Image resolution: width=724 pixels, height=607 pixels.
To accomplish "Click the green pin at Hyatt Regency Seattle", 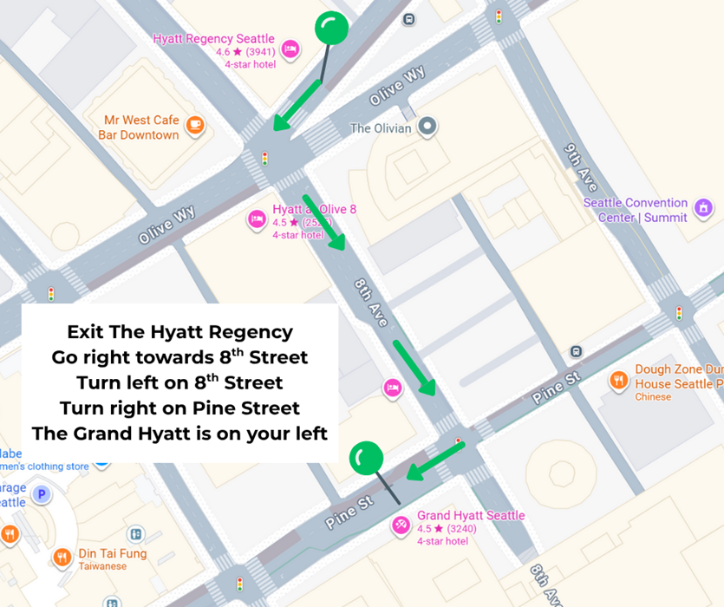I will coord(330,29).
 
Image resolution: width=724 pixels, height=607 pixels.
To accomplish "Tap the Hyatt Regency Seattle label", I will coord(213,39).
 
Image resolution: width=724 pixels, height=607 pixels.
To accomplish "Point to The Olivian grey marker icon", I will coord(427,127).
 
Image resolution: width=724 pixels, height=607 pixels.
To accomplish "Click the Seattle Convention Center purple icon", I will coord(703,208).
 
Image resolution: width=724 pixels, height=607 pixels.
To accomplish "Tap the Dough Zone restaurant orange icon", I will coord(618,379).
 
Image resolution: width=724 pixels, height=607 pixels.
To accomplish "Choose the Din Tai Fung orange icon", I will coord(62,558).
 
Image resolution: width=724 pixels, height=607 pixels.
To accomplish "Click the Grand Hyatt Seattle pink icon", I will coord(401,524).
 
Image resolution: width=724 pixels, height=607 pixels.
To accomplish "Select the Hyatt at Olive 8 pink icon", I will coord(257,218).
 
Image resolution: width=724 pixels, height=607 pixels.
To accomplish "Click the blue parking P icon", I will coord(41,496).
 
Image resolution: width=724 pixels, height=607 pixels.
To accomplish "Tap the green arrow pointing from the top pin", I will coord(297,106).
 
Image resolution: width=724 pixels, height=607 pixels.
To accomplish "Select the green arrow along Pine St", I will coord(436,460).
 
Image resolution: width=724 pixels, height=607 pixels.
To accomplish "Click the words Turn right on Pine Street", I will coord(179,408).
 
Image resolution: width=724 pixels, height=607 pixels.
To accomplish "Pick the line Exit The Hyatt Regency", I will coord(179,332).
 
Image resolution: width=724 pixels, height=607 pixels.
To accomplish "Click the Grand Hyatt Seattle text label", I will coord(471,515).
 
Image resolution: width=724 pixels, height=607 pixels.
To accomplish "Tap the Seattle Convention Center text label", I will coord(635,210).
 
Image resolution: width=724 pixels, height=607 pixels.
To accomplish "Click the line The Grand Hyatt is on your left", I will coord(179,434).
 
